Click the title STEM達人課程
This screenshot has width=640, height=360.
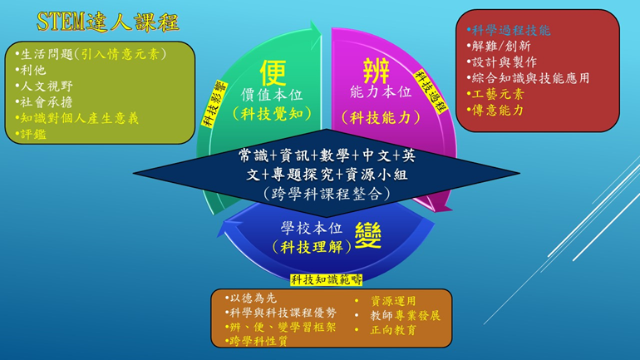tap(108, 22)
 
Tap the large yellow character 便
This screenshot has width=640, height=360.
tap(273, 72)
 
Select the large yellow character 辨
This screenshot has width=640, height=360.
tap(376, 71)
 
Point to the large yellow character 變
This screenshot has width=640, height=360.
tap(367, 235)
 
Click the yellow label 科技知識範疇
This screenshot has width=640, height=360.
tap(326, 279)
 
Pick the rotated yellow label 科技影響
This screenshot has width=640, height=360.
tap(214, 104)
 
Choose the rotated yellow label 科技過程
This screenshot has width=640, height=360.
tap(431, 91)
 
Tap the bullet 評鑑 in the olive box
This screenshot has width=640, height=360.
tap(31, 134)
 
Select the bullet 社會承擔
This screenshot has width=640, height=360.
tap(44, 101)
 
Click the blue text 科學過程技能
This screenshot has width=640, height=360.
tap(509, 30)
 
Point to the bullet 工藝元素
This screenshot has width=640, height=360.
tap(495, 94)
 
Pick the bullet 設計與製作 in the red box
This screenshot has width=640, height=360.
tap(502, 62)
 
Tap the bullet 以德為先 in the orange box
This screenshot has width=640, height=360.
tap(251, 298)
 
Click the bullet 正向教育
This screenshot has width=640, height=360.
tap(386, 330)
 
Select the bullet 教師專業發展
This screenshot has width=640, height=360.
tap(397, 315)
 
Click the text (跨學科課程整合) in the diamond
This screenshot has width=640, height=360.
tap(327, 194)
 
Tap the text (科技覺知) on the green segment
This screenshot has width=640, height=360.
tap(272, 114)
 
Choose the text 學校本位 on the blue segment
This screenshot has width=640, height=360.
tap(312, 228)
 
